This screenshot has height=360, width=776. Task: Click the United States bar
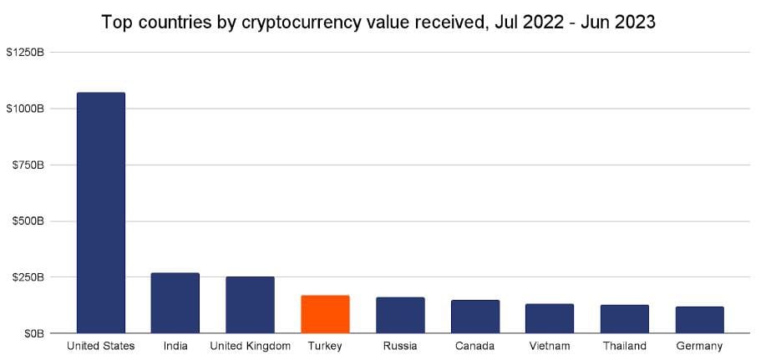(x=100, y=213)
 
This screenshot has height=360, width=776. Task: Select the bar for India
(x=175, y=302)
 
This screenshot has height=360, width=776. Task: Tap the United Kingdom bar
(x=250, y=305)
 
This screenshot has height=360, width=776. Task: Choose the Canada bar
(x=474, y=317)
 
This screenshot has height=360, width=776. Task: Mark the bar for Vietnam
(x=550, y=318)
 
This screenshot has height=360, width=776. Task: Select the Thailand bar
(x=624, y=319)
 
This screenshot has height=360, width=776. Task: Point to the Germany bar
(x=699, y=320)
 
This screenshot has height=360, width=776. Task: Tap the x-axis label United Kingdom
(x=250, y=346)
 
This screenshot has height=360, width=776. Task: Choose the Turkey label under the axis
(x=325, y=346)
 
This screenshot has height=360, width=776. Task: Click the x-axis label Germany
(x=699, y=346)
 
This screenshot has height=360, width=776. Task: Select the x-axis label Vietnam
(x=550, y=346)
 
